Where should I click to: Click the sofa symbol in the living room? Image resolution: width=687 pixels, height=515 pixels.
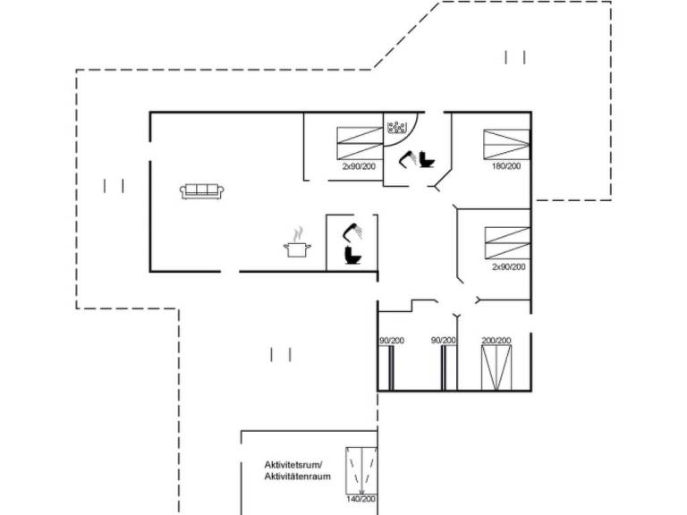(203, 190)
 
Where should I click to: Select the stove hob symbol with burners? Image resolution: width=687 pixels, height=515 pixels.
(397, 128)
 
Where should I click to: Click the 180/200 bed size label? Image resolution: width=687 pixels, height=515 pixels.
(506, 166)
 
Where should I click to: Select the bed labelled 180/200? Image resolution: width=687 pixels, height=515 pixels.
(506, 143)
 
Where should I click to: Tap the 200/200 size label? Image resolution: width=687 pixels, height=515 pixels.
(496, 341)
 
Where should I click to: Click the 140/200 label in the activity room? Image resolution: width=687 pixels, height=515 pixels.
(362, 500)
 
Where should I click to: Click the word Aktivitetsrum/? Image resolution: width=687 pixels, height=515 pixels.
(293, 465)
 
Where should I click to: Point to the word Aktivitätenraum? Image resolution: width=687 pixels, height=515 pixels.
(298, 477)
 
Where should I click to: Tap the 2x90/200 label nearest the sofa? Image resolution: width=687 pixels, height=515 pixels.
(359, 166)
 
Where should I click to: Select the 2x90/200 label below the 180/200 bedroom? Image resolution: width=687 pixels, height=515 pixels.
(508, 266)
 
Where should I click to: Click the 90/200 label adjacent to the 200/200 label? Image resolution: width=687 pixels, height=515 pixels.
(444, 341)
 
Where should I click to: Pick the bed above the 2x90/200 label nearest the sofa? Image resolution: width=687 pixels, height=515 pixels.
(360, 142)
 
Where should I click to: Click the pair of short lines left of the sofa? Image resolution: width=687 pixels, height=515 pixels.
(114, 186)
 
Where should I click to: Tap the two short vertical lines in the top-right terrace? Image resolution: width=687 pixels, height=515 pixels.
(515, 57)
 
